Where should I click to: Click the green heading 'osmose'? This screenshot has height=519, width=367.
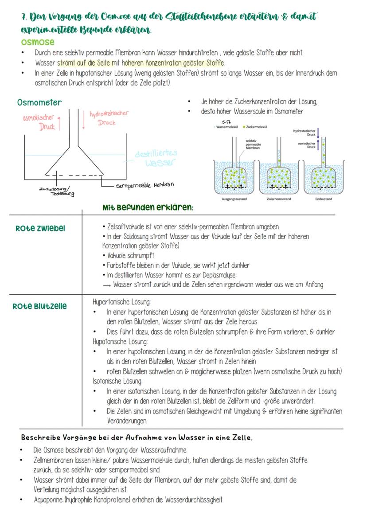coord(38,42)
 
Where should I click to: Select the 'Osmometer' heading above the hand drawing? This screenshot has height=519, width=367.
coord(39,102)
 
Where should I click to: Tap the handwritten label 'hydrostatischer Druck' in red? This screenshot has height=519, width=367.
coord(109,117)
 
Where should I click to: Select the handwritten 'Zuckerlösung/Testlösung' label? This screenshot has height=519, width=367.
coord(56,191)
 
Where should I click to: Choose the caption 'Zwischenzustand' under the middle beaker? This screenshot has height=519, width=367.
coord(278,199)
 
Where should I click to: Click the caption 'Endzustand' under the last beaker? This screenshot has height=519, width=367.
coord(324,199)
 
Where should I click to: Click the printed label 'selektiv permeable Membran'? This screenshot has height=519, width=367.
coord(253,144)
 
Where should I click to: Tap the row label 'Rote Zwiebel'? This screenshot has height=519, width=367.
coord(40,228)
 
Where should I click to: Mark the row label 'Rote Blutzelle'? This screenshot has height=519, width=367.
coord(40,306)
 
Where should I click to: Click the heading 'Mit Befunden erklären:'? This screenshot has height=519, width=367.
coord(148,207)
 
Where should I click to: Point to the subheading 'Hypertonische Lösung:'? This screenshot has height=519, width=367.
coord(121,302)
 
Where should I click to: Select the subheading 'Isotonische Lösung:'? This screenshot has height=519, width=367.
coord(117,381)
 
